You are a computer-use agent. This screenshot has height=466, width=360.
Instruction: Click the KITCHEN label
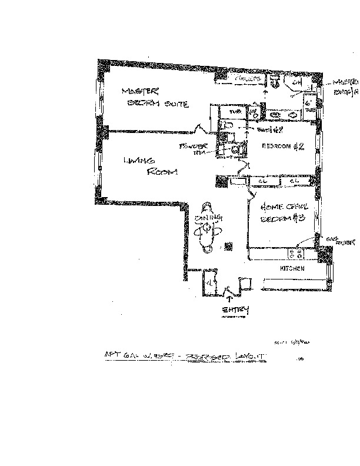(x=292, y=268)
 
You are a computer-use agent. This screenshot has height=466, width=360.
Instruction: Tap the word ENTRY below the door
(x=235, y=310)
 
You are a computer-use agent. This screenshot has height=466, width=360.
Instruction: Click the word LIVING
(x=139, y=160)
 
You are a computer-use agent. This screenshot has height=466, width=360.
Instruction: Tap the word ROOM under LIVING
(x=161, y=172)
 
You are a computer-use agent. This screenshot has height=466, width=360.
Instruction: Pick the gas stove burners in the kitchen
(x=295, y=254)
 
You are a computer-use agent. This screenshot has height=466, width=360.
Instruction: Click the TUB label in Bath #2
(x=235, y=111)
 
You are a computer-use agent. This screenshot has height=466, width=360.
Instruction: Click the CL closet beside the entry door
(x=209, y=282)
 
